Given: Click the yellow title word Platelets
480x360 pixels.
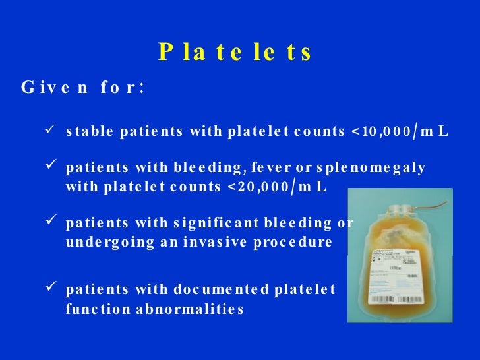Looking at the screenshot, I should coord(235,52).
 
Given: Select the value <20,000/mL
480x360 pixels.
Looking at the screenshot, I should coord(276,187).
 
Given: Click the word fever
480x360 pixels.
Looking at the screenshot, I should coord(270,168).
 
